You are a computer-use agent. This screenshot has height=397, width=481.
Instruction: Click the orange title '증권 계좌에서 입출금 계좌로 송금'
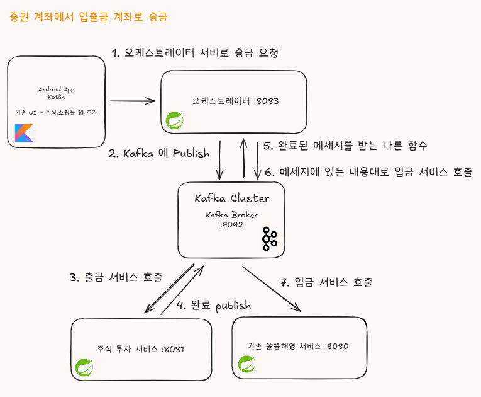[x=89, y=17]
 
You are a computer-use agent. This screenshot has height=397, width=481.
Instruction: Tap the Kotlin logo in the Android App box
[x=24, y=133]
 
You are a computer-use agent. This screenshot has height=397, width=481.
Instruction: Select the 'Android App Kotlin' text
[x=57, y=94]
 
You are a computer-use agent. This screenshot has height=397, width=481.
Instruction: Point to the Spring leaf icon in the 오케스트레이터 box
[x=174, y=120]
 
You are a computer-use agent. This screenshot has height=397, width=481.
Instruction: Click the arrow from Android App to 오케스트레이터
[x=133, y=100]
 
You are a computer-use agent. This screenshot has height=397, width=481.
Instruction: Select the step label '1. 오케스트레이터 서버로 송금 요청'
[x=194, y=53]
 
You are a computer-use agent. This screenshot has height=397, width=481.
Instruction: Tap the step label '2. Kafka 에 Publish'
[x=158, y=154]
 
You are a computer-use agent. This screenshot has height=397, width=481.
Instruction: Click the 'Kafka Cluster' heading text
[x=231, y=198]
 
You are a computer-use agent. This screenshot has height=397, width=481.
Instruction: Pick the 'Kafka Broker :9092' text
[x=231, y=219]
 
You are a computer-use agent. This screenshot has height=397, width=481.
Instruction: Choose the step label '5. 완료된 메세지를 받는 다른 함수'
[x=345, y=146]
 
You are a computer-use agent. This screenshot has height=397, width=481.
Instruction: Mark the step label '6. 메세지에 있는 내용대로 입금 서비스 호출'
[x=367, y=171]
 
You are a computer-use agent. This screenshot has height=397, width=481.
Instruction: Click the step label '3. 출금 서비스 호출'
[x=116, y=277]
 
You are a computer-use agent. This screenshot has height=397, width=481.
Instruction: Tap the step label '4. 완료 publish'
[x=213, y=306]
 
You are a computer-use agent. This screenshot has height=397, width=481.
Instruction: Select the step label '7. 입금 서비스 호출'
[x=326, y=282]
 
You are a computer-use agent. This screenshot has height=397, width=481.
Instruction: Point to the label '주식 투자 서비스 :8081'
[x=140, y=348]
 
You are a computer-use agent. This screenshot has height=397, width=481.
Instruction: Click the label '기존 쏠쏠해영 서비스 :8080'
[x=298, y=346]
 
